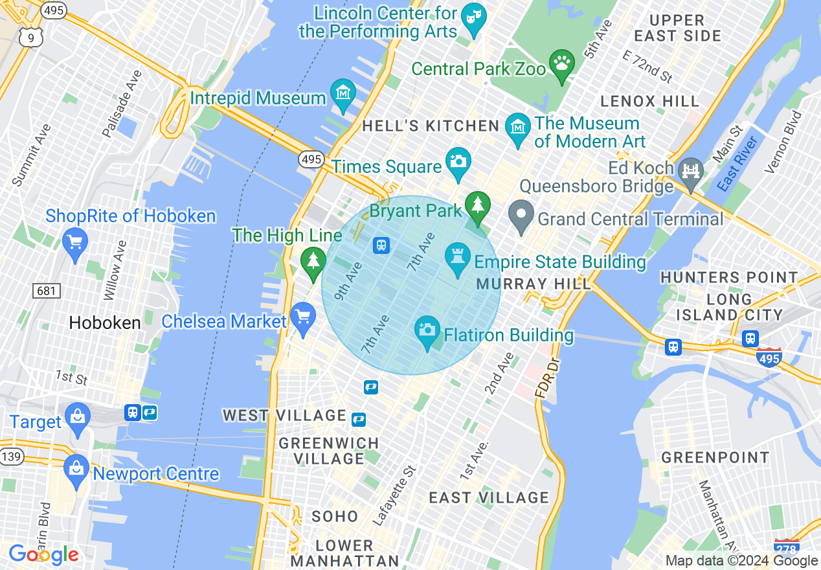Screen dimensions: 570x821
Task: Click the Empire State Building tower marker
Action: [458, 258]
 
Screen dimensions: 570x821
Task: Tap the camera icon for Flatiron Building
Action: [427, 331]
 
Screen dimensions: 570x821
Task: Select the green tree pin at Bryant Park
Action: [478, 206]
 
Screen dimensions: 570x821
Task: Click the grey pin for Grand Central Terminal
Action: [521, 215]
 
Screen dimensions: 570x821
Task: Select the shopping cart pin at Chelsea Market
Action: [302, 318]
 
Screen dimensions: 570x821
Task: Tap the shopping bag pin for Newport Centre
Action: [76, 469]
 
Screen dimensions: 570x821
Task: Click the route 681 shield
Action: [46, 291]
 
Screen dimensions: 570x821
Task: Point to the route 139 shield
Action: [12, 457]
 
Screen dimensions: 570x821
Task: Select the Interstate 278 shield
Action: [786, 546]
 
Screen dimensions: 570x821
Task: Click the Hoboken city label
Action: [105, 323]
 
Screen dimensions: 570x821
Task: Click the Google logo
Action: [43, 554]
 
